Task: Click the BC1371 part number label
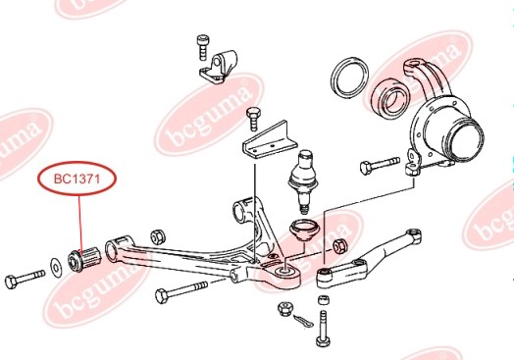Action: pyautogui.click(x=77, y=180)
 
